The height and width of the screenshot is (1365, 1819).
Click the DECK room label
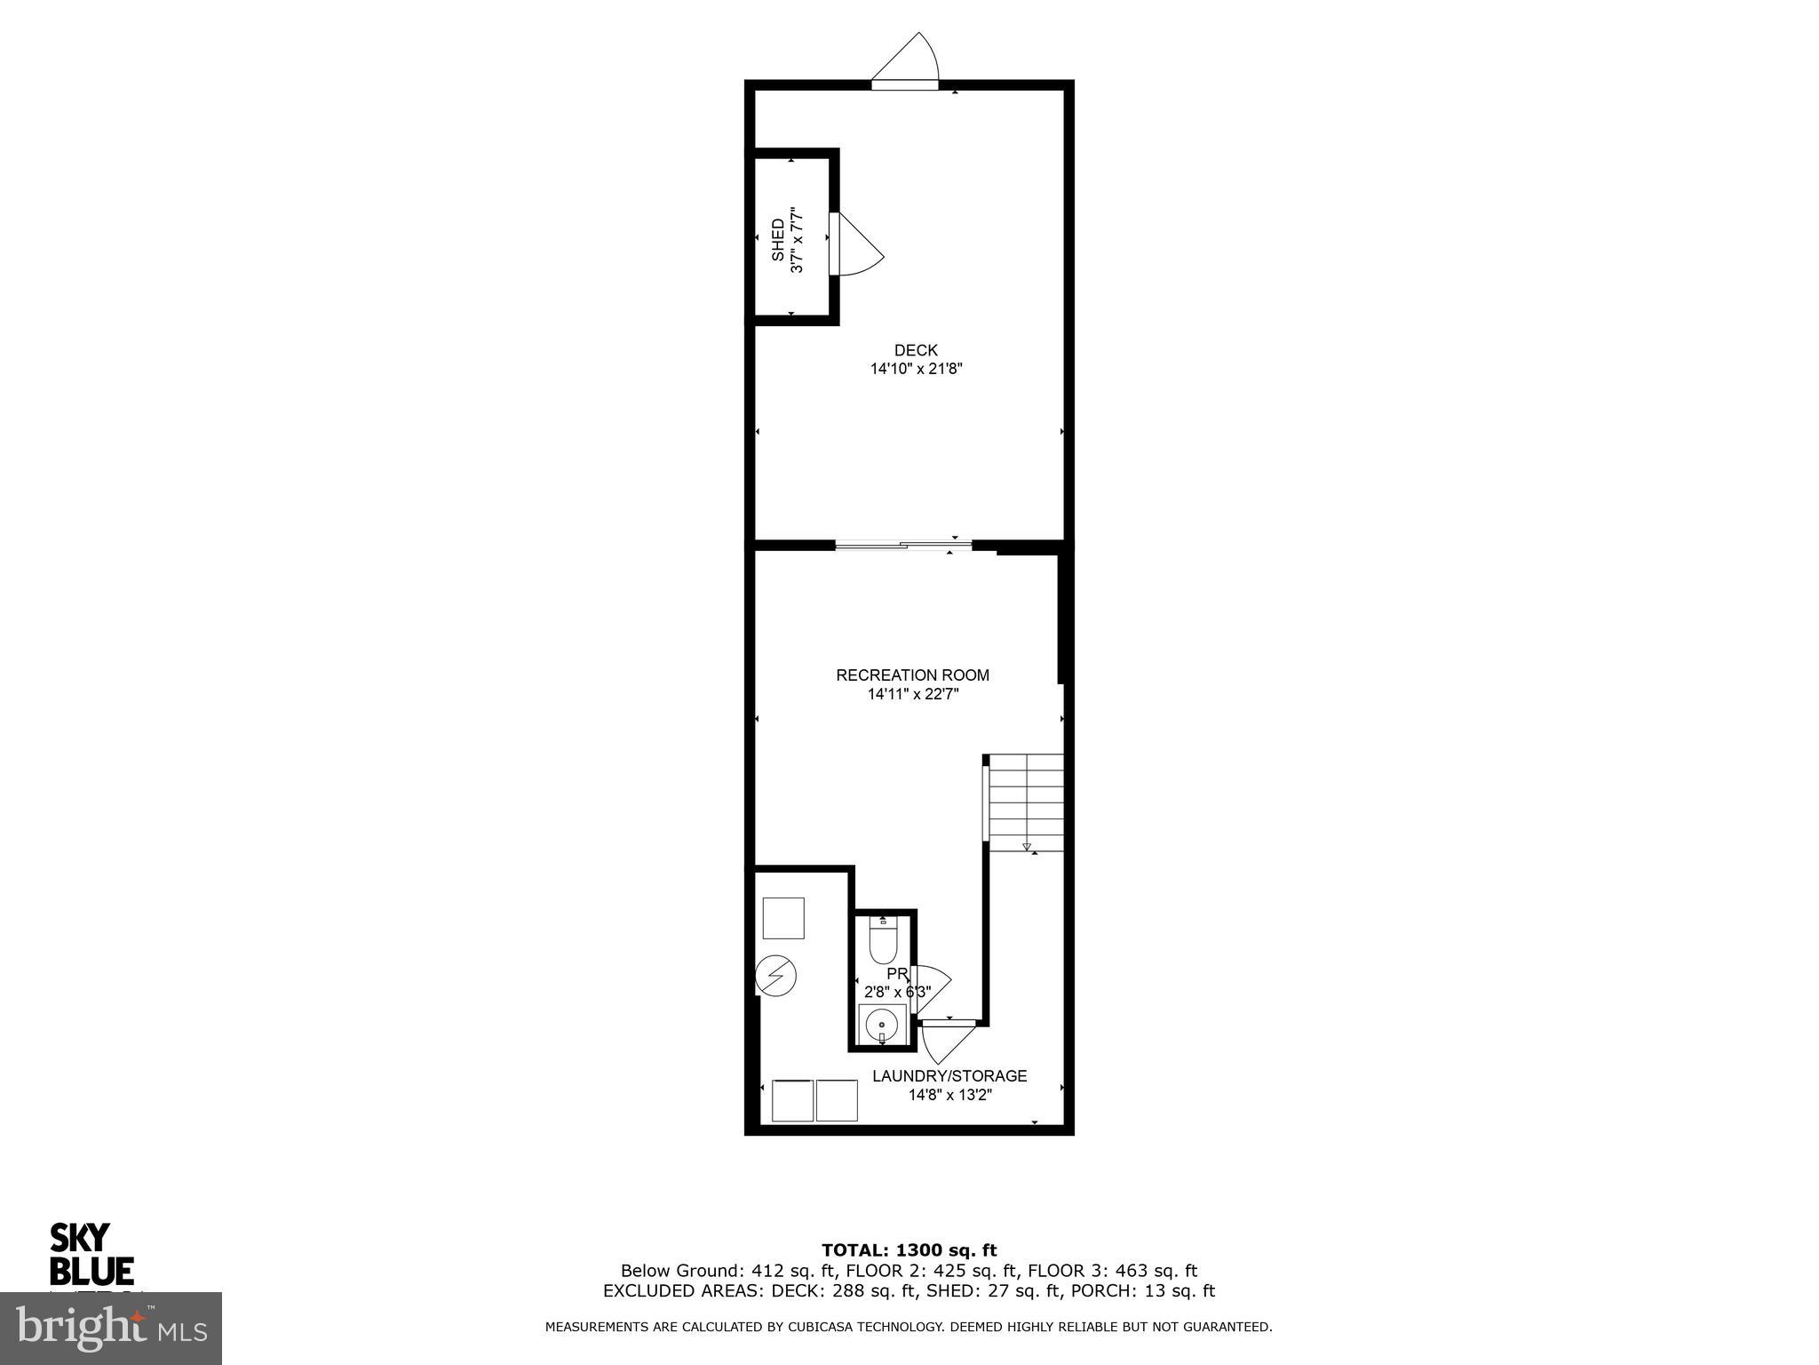[x=916, y=350]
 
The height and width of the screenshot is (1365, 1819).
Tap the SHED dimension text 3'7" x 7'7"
[x=798, y=240]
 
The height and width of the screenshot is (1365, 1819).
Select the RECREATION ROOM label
[x=912, y=675]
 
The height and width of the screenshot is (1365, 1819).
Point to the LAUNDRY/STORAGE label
[x=949, y=1076]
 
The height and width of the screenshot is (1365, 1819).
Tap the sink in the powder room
[x=882, y=1026]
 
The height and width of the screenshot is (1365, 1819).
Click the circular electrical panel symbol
[x=775, y=977]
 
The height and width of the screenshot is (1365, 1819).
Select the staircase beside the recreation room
[x=1027, y=802]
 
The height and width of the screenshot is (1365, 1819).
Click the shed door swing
[x=857, y=246]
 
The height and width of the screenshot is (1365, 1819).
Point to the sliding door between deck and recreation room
[x=903, y=545]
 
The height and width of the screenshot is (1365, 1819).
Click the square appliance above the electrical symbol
[x=783, y=918]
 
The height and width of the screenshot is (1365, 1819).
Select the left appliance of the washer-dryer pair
[x=792, y=1100]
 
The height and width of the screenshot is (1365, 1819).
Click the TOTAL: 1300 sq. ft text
[x=909, y=1250]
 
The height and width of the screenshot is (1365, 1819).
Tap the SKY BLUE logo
[x=91, y=1253]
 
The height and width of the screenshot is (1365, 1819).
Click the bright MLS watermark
[x=111, y=1329]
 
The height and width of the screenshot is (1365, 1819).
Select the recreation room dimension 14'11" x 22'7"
[x=913, y=694]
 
